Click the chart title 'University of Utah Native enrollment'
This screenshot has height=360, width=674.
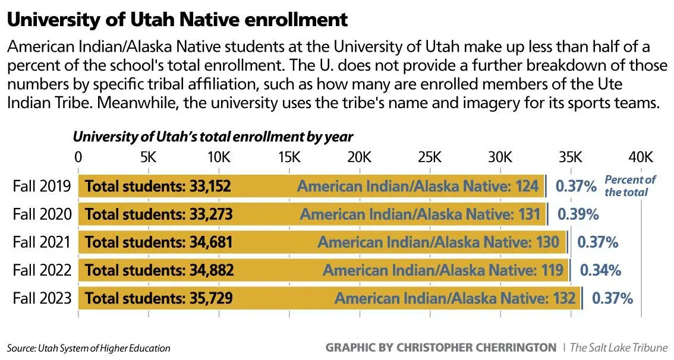[x=177, y=20]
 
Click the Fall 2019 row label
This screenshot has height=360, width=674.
[x=42, y=187]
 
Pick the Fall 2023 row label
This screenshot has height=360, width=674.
[x=42, y=298]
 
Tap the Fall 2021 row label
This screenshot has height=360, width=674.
[x=42, y=242]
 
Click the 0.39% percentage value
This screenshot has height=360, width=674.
[x=577, y=214]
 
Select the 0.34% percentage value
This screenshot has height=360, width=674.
[x=600, y=270]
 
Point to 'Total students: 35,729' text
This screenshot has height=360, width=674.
[x=159, y=298]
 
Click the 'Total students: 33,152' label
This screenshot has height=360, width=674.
[x=158, y=187]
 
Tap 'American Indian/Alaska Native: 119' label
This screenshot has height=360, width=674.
[x=443, y=270]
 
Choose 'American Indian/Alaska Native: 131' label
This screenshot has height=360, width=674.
[x=420, y=214]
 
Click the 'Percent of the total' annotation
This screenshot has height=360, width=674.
[x=629, y=186]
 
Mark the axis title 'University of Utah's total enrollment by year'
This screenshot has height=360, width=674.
[x=213, y=137]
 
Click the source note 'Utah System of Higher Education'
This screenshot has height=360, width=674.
[x=89, y=348]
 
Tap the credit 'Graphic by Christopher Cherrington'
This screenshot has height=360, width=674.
[x=440, y=348]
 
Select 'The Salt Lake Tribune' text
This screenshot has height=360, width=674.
[x=619, y=348]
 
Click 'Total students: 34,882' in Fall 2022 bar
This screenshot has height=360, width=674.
[x=159, y=270]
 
